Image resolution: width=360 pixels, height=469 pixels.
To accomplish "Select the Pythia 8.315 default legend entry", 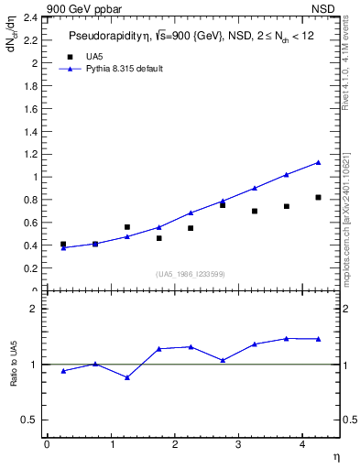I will pyautogui.click(x=125, y=69).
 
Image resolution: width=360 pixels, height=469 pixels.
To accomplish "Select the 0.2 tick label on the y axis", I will pyautogui.click(x=30, y=268).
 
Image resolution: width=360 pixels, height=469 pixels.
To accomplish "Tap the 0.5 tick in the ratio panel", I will pyautogui.click(x=30, y=420).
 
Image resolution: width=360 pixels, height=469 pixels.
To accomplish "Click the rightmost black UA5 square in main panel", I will pyautogui.click(x=318, y=197).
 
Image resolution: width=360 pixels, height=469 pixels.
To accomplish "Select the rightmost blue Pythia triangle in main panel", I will pyautogui.click(x=318, y=162).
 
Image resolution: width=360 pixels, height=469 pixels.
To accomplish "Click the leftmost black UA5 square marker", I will pyautogui.click(x=63, y=245).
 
